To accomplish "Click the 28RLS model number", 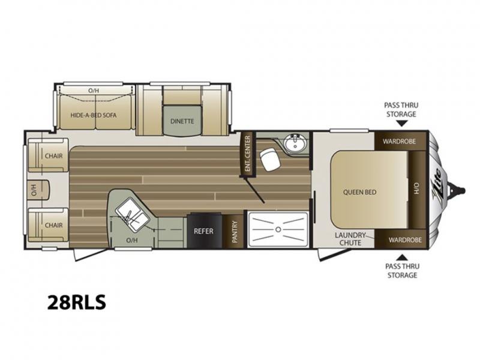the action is [77, 302].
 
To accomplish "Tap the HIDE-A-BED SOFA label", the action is [94, 115].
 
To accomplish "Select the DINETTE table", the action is [182, 121].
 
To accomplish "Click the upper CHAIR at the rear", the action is [48, 155].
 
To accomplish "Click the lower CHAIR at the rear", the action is [48, 225].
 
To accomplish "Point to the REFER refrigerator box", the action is [205, 230].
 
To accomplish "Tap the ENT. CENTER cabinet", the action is [248, 154].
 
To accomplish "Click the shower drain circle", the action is [278, 229].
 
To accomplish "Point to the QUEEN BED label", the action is [359, 192].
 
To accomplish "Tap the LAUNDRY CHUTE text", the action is [350, 239].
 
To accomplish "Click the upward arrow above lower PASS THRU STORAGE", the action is [403, 257].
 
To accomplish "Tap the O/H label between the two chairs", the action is [34, 190].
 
